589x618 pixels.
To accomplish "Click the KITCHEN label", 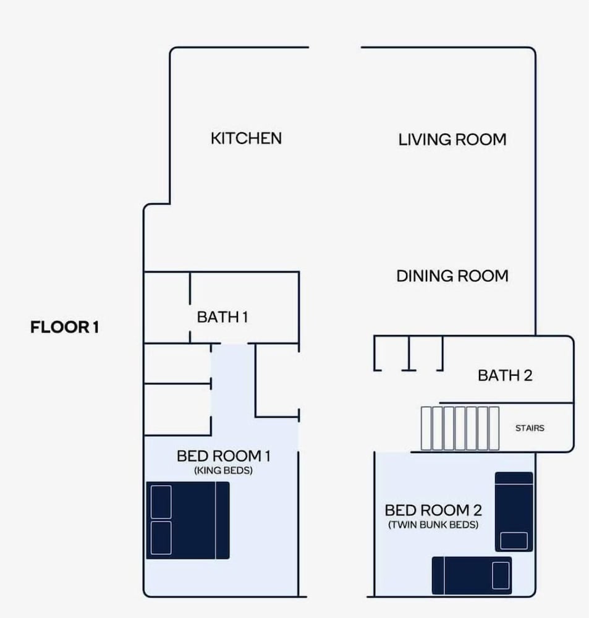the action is (246, 138).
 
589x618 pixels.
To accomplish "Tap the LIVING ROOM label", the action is (452, 140).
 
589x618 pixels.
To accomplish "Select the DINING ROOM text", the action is (452, 276).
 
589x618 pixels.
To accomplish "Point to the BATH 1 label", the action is (222, 317).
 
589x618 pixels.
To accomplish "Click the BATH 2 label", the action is (505, 375).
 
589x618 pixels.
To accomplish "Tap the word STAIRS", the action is (530, 428).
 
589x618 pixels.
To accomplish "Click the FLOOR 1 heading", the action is (65, 327).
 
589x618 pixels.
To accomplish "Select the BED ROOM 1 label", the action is (224, 456).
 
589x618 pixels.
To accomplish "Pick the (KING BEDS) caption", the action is (223, 470).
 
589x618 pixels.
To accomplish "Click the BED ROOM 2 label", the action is (433, 510).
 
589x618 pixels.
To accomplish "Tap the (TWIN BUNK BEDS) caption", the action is (433, 525).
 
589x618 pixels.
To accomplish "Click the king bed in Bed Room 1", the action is (188, 520).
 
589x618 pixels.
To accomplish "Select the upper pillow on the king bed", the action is (161, 502).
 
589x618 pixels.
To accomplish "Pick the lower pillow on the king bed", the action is (161, 538).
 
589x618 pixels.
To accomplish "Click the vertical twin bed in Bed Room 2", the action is (514, 512).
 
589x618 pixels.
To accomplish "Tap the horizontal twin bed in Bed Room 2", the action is (472, 575).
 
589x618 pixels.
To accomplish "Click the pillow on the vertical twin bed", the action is (514, 540).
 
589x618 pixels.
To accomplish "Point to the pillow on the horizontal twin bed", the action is (501, 575).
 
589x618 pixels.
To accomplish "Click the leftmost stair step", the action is (426, 428).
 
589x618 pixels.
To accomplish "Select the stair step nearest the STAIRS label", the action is (494, 428).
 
